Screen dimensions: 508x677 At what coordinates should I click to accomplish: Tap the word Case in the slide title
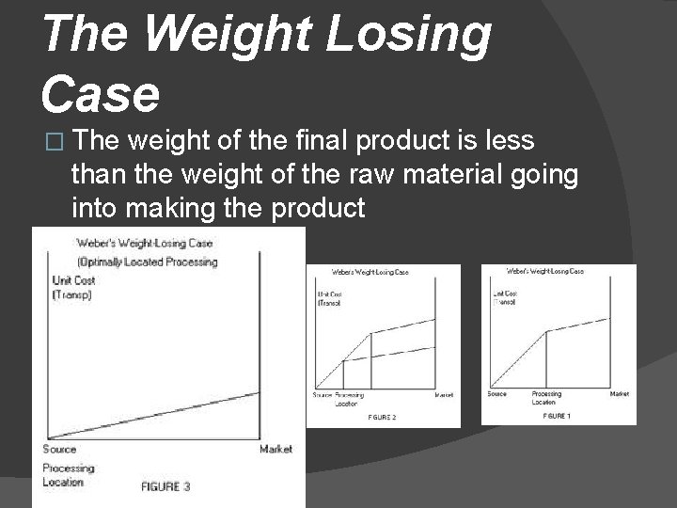pyautogui.click(x=101, y=95)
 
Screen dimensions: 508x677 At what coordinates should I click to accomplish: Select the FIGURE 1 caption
pyautogui.click(x=557, y=415)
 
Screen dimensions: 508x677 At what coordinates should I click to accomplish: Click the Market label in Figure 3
pyautogui.click(x=276, y=449)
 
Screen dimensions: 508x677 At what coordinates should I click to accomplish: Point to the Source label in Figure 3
pyautogui.click(x=59, y=449)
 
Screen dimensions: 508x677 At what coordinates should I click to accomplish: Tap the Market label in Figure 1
pyautogui.click(x=619, y=394)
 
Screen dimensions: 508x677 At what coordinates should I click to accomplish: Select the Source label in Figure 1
pyautogui.click(x=496, y=394)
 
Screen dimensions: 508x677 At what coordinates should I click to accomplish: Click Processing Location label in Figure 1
pyautogui.click(x=547, y=398)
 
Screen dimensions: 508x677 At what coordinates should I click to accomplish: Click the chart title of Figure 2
pyautogui.click(x=369, y=273)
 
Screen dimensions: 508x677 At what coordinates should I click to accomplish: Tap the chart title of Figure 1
pyautogui.click(x=545, y=271)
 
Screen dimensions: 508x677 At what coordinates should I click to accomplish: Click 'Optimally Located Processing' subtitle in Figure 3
pyautogui.click(x=148, y=261)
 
